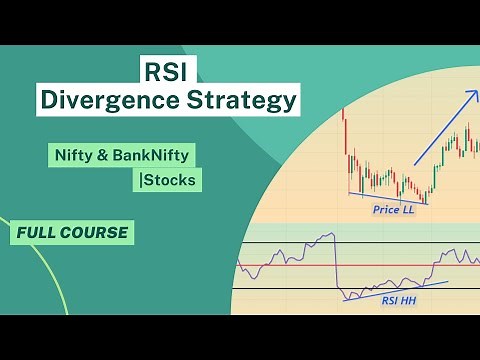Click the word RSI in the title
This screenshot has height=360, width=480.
tap(166, 72)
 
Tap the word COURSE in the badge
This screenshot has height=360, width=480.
tap(97, 233)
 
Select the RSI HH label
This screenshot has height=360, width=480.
tap(400, 299)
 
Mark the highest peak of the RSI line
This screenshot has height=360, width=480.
tap(329, 235)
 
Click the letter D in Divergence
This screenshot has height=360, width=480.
tap(46, 101)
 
